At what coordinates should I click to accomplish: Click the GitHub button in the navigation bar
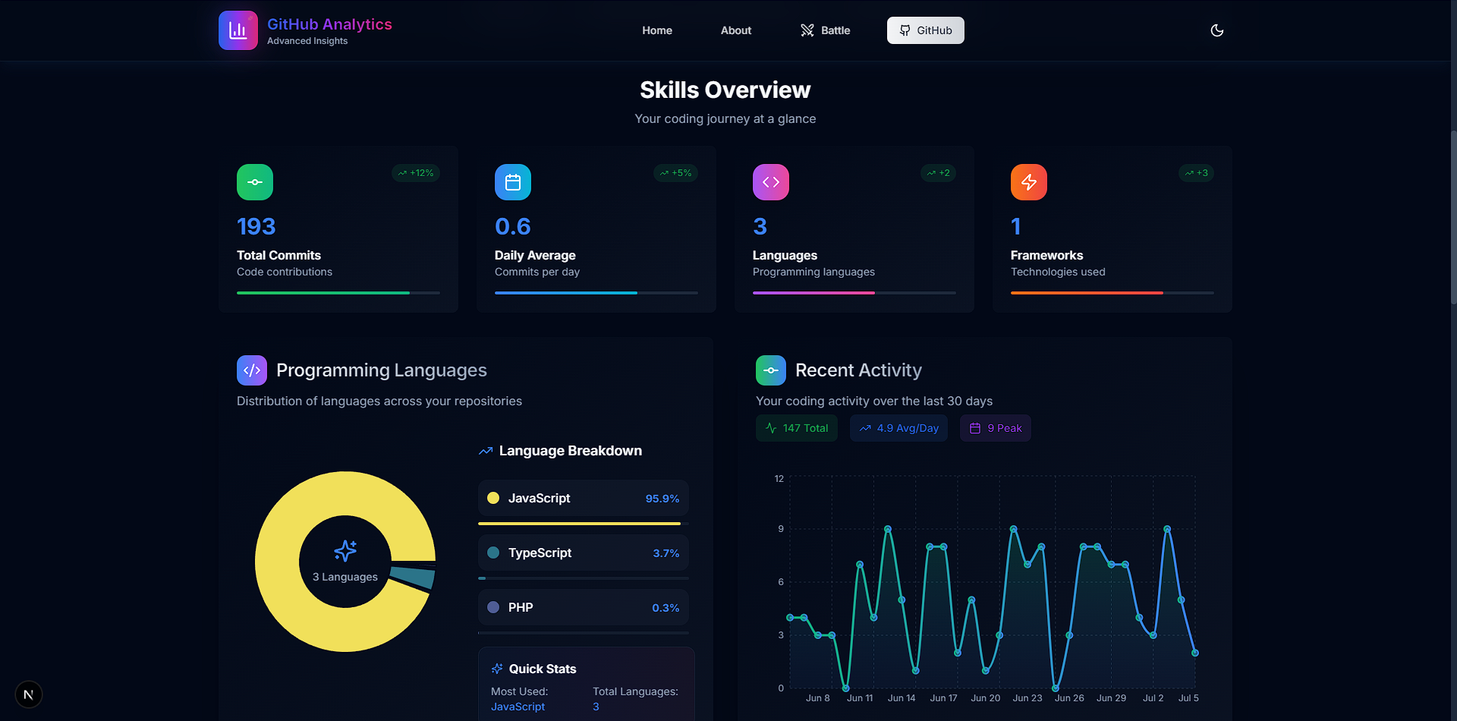925,30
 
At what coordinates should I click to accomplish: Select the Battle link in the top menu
825,30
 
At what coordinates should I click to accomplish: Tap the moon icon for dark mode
1216,30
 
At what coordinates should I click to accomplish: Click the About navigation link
735,30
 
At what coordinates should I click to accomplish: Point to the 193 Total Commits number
256,226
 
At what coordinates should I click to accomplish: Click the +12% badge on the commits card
416,173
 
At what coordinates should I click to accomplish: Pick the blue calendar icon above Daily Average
513,182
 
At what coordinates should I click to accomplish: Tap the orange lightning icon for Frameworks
1028,182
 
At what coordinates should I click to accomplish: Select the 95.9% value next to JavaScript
662,499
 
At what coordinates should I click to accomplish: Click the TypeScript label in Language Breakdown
540,553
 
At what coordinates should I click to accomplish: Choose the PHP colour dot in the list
493,607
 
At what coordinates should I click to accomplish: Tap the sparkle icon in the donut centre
345,551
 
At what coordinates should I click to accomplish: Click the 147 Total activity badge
797,428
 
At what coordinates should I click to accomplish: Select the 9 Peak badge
996,428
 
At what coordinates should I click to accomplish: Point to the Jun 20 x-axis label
985,698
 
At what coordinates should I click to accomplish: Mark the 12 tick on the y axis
779,479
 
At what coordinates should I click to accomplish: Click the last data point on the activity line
1195,653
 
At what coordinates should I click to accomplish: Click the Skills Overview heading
725,90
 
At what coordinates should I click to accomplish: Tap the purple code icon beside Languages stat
770,182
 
